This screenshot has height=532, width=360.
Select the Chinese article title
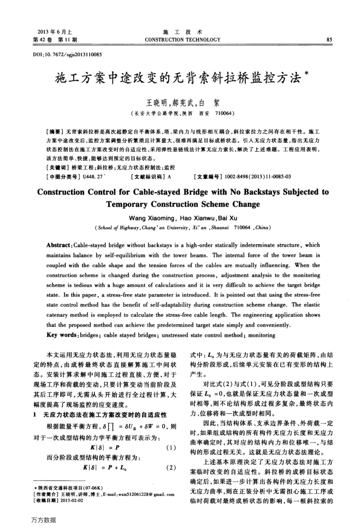click(177, 79)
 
